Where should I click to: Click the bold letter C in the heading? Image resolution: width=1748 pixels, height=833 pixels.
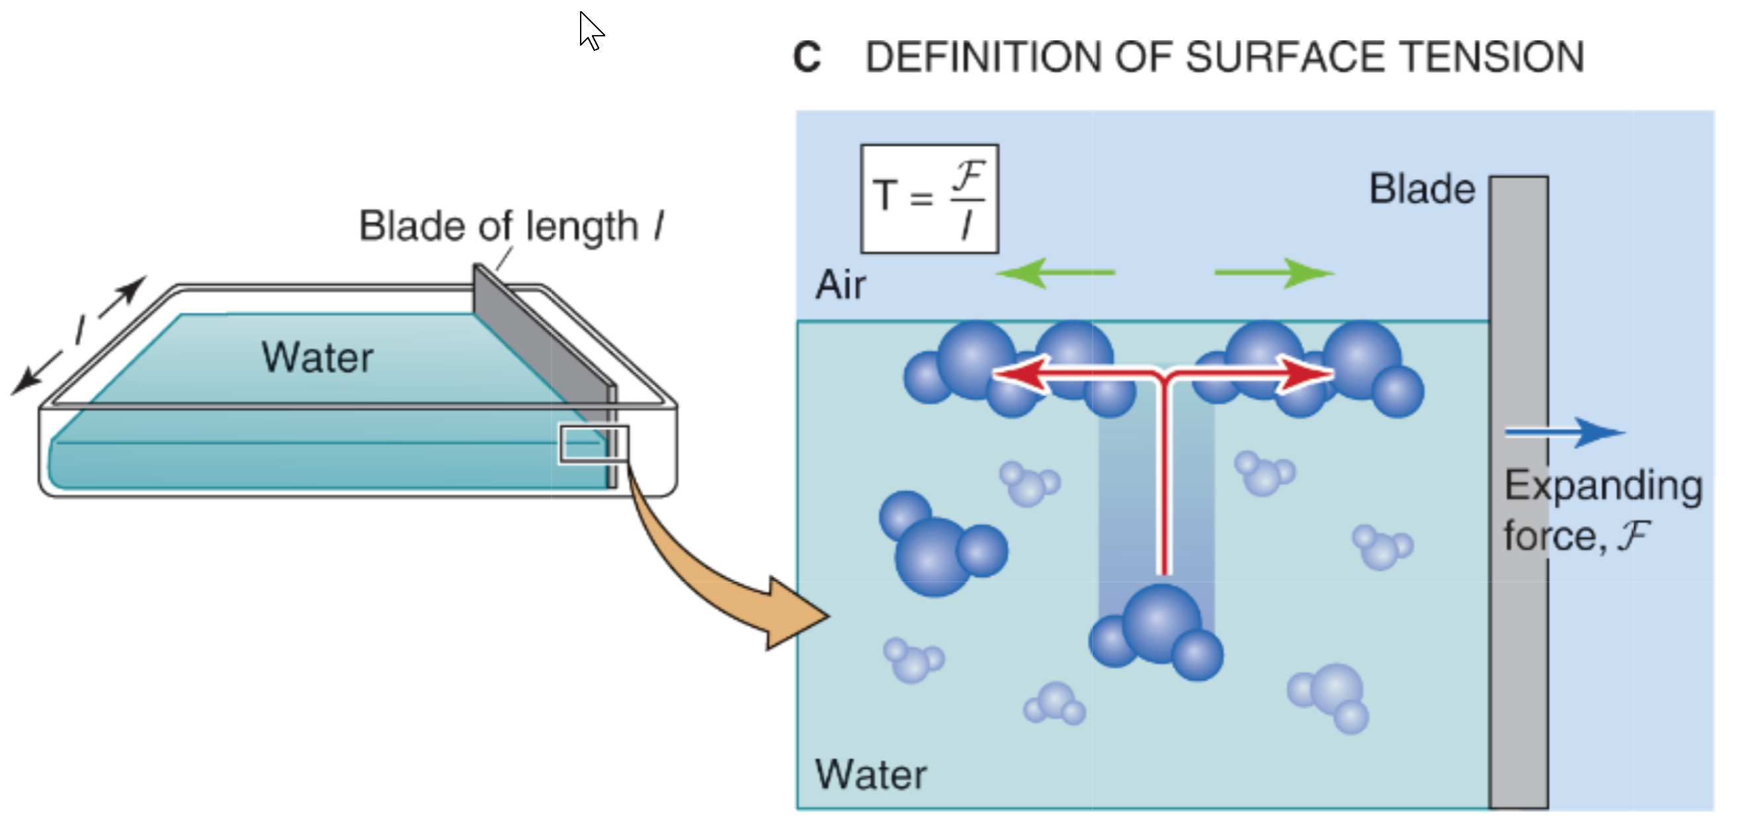click(x=807, y=58)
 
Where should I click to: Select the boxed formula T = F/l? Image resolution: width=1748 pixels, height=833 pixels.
click(x=929, y=198)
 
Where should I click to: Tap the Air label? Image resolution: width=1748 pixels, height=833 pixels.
click(x=841, y=285)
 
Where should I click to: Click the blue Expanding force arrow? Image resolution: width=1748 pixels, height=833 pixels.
click(x=1564, y=433)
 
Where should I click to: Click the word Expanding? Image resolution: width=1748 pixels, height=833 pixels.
click(x=1603, y=486)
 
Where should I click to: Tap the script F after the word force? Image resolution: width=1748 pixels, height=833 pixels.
click(x=1634, y=536)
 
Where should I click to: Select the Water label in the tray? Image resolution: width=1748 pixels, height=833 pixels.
click(x=317, y=358)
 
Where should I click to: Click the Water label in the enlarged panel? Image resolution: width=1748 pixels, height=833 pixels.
click(x=870, y=775)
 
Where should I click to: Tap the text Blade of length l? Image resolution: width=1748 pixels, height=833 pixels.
click(x=511, y=226)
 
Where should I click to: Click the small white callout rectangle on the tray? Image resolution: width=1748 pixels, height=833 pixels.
click(x=594, y=445)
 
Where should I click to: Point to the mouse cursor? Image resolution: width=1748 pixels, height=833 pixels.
click(x=591, y=29)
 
